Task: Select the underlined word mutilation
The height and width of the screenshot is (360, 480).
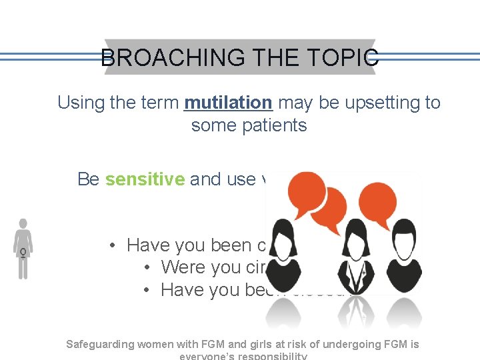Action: [x=228, y=103]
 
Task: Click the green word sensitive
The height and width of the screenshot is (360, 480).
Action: [x=145, y=179]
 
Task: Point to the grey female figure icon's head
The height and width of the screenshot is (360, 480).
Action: [x=23, y=224]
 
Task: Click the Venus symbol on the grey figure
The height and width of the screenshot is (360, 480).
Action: [x=23, y=253]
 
